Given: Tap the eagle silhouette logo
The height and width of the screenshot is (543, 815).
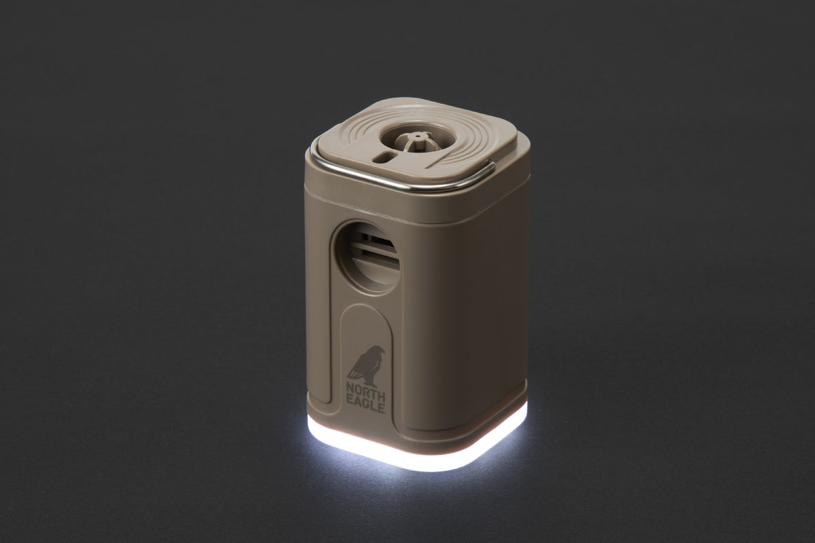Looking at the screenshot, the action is tap(365, 367).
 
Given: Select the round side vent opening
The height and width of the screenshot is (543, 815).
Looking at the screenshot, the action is tap(367, 257).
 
